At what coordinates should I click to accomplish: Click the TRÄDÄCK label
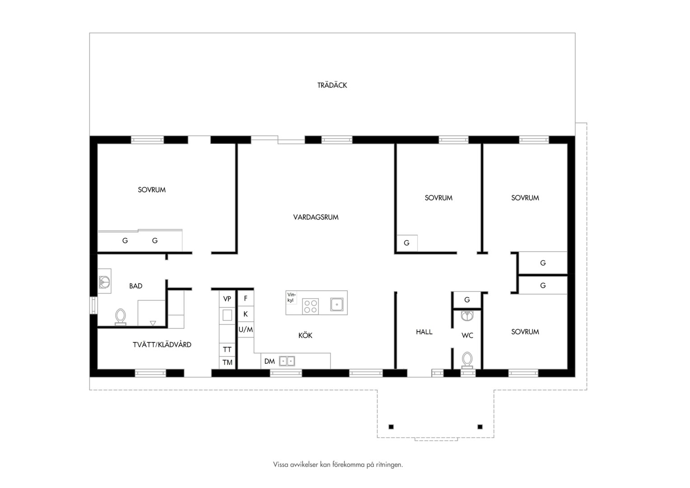tap(332, 85)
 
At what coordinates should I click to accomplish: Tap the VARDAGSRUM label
tap(316, 217)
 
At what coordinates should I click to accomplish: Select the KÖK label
tap(305, 335)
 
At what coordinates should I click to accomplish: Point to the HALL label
tap(424, 332)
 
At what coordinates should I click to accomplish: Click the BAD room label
tap(135, 286)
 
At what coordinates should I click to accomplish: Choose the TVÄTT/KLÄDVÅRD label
tap(162, 345)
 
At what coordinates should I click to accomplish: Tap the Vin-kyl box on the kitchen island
tap(291, 298)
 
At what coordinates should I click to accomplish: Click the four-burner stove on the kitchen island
tap(310, 306)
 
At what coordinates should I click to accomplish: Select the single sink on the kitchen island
tap(337, 305)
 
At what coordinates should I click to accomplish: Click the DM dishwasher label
tap(270, 361)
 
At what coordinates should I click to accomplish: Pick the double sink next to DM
tap(287, 361)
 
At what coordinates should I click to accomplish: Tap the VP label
tap(227, 299)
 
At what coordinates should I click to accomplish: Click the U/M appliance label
tap(246, 330)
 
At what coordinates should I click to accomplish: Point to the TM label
tap(227, 362)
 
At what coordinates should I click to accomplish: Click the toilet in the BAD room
tap(120, 317)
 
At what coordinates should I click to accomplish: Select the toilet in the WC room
tap(467, 360)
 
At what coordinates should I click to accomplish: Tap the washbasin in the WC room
tap(467, 316)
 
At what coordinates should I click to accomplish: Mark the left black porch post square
tap(391, 427)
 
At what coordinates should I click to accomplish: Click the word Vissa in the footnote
tap(280, 465)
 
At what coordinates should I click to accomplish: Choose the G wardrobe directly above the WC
tap(467, 300)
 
